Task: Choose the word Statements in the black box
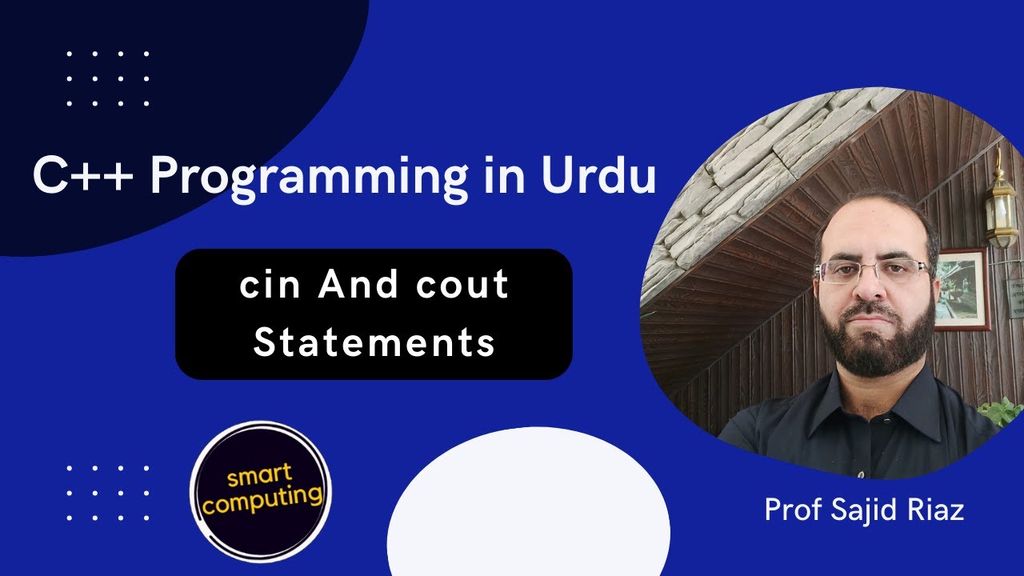click(x=374, y=342)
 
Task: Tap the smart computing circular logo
click(x=260, y=490)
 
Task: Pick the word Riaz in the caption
click(x=937, y=510)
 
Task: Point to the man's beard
click(x=876, y=344)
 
